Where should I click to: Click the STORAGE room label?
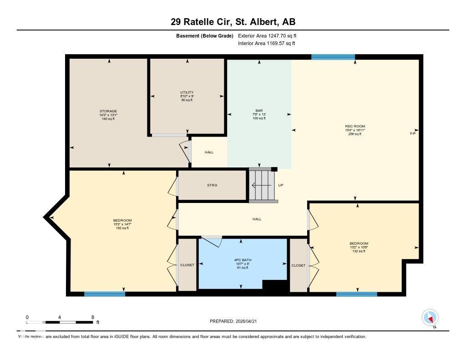(108, 111)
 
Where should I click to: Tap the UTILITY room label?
(187, 92)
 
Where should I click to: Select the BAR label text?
(259, 111)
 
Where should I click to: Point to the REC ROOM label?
(355, 126)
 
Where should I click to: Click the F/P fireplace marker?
(413, 133)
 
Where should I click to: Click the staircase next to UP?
(263, 185)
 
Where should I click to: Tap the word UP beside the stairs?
(281, 185)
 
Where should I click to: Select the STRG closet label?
(212, 185)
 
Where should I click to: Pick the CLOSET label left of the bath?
(187, 265)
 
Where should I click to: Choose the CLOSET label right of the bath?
(299, 265)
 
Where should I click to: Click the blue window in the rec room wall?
(333, 57)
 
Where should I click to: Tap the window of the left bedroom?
(105, 294)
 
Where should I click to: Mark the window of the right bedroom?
(356, 294)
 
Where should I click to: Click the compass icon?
(430, 317)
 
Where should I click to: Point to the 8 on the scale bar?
(93, 317)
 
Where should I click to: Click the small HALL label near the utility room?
(209, 152)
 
